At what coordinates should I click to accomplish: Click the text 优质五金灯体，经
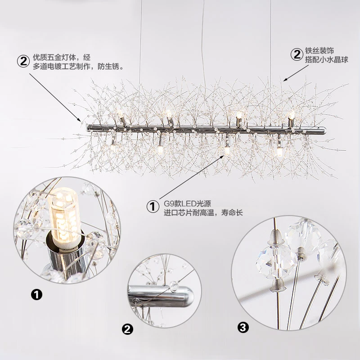[x=62, y=58]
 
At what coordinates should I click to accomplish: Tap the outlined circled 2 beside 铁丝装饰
[x=297, y=55]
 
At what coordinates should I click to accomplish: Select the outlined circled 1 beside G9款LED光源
[x=153, y=207]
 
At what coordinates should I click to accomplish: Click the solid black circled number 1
[x=36, y=295]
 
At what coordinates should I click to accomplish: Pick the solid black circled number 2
[x=128, y=330]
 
